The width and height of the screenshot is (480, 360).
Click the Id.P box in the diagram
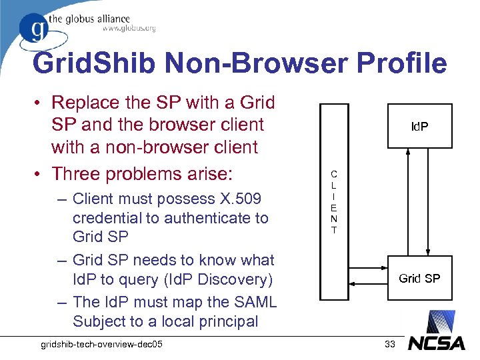coord(419,126)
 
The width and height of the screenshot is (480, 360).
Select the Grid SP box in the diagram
coord(419,277)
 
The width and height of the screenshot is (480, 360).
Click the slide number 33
coord(391,344)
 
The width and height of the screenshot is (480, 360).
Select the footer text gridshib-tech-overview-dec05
coord(102,344)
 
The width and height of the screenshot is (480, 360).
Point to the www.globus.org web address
coord(129,29)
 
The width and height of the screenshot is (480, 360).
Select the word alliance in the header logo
coord(108,19)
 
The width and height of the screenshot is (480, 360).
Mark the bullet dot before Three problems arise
coord(39,175)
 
